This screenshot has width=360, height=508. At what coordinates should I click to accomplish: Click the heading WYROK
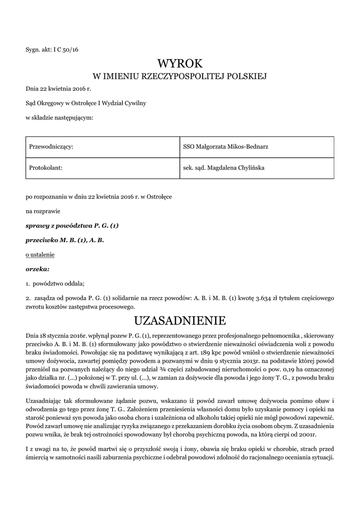[180, 63]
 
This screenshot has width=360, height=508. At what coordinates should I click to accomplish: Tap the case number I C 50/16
[66, 50]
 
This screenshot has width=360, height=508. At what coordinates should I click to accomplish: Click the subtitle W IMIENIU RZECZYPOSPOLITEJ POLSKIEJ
[180, 76]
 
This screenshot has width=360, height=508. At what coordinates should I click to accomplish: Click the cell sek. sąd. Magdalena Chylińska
[223, 168]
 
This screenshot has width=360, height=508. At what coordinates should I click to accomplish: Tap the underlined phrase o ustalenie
[40, 254]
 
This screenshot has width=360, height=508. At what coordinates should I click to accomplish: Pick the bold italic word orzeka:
[38, 269]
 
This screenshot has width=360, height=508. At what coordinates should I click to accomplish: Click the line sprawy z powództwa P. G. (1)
[72, 226]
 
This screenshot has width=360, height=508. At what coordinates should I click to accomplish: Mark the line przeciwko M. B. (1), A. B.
[65, 240]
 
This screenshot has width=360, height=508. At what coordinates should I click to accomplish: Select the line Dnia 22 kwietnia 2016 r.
[59, 89]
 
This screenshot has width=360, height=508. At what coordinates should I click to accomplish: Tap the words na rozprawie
[43, 211]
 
